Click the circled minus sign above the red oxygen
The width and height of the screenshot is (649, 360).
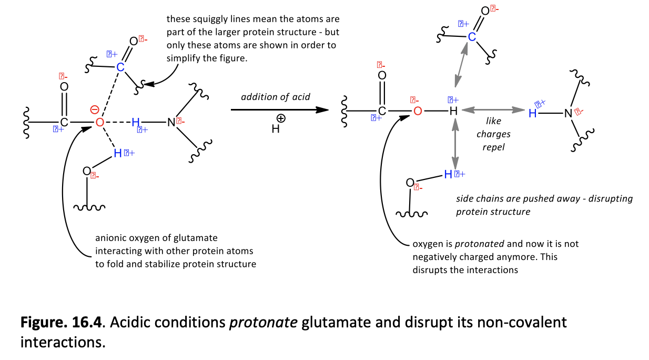(94, 109)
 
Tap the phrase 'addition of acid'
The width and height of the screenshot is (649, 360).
(275, 97)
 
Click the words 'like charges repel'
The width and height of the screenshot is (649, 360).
(493, 134)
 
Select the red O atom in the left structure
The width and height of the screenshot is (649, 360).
(99, 123)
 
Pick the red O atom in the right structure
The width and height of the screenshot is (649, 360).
(418, 111)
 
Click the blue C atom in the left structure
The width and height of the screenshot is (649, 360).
(120, 67)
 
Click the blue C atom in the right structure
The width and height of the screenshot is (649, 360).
(472, 37)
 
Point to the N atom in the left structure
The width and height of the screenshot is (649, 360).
(170, 123)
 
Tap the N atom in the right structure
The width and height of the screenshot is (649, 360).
(567, 113)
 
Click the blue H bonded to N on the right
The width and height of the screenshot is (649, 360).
(533, 113)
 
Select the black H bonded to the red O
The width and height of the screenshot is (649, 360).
(453, 111)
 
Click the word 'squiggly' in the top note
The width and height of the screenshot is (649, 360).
(206, 19)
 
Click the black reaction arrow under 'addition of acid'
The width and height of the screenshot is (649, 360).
(279, 109)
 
